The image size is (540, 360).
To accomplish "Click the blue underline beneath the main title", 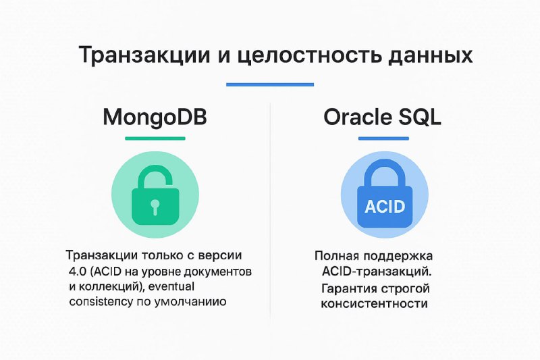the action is point(270,84).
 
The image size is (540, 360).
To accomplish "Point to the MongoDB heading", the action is point(155,117).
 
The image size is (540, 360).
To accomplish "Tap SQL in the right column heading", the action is point(420,118).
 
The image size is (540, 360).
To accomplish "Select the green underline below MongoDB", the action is point(155,138).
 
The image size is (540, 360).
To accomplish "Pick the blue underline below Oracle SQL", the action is point(383,138).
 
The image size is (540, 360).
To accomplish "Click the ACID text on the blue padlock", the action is point(385,207).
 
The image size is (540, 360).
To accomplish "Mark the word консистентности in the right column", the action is point(375,304).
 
